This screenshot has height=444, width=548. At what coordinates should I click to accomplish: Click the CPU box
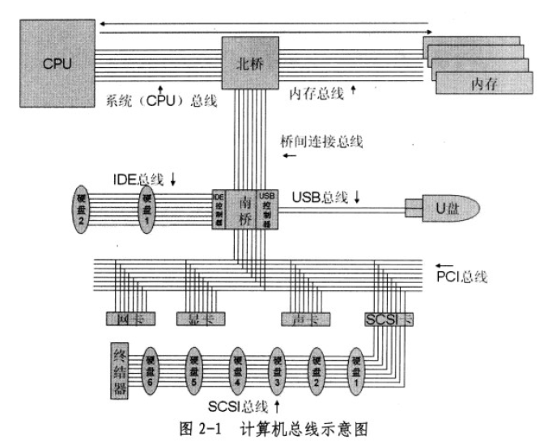[x=55, y=63]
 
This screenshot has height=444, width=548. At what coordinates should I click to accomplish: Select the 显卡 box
[x=198, y=318]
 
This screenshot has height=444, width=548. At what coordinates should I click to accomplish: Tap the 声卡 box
[x=300, y=318]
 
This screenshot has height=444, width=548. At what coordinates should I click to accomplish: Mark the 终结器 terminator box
[x=121, y=370]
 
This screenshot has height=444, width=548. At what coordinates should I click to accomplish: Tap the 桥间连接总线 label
[x=321, y=142]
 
